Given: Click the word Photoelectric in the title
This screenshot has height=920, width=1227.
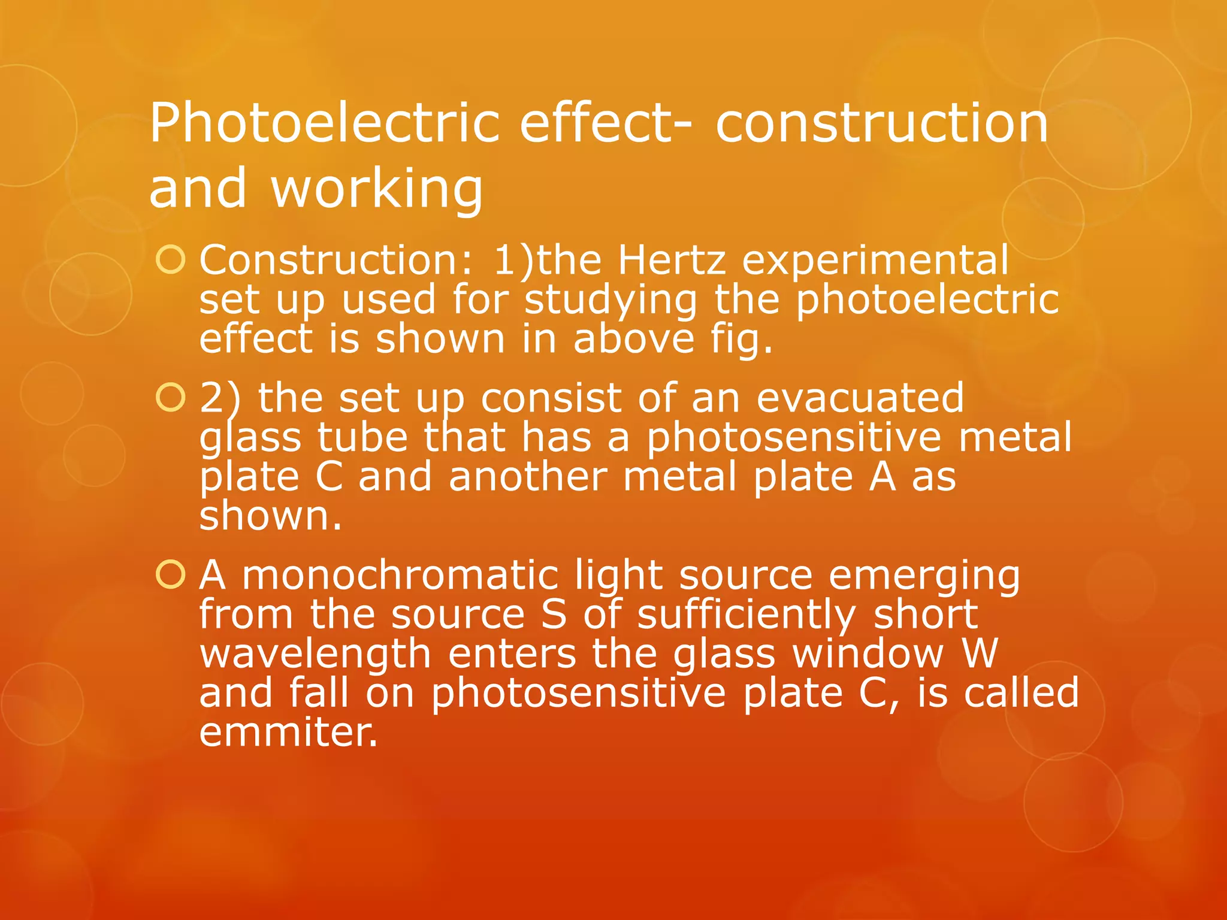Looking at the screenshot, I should click(324, 123).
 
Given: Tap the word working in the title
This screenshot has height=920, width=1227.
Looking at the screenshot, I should click(377, 188).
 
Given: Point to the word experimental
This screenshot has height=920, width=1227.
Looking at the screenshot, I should click(875, 261).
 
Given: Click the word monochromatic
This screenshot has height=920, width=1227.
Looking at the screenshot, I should click(400, 575).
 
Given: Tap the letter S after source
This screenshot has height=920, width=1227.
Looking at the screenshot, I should click(553, 615).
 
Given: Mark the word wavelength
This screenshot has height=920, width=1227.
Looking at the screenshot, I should click(315, 654).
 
